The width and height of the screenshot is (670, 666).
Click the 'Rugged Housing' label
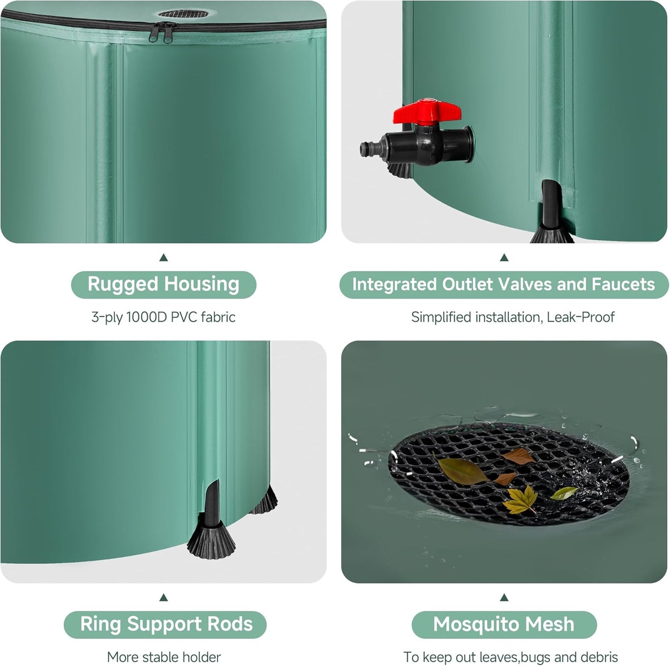(163, 284)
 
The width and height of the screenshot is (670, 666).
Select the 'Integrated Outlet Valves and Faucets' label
(504, 284)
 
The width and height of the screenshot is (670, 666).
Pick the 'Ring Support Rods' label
(166, 624)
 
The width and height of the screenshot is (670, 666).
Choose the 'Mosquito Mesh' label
(504, 624)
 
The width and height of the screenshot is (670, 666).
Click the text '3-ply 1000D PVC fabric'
(163, 317)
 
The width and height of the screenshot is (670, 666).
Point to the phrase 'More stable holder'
(164, 657)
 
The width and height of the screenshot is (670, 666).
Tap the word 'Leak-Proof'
(581, 317)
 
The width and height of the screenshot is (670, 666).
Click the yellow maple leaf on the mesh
(520, 500)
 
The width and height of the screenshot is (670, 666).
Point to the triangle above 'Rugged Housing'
(163, 258)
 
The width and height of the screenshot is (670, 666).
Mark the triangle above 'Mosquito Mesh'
(504, 598)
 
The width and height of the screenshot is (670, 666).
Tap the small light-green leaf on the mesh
(564, 493)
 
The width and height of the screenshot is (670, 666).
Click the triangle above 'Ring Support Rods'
(163, 598)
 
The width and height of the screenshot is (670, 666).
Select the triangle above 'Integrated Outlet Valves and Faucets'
(504, 258)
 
